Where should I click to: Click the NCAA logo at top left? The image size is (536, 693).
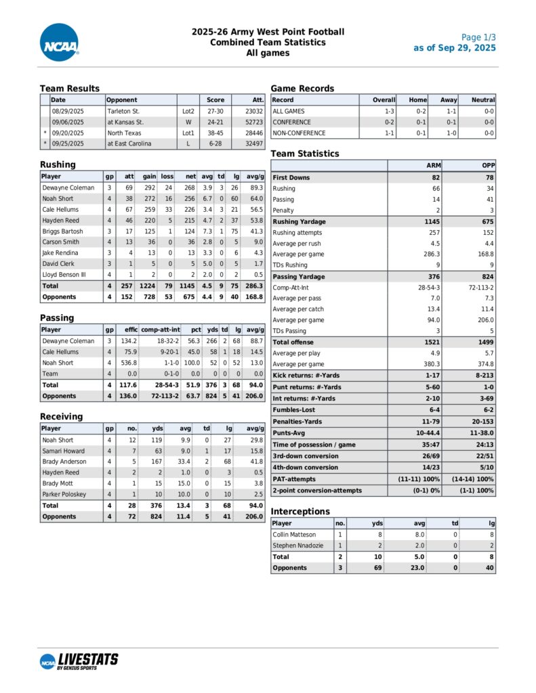pos(60,43)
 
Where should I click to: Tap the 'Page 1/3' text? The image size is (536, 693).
pos(478,37)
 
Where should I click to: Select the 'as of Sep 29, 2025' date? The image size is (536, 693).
pos(455,48)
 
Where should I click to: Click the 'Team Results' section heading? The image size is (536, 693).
pos(70,89)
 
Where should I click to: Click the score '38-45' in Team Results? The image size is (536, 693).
pos(215,133)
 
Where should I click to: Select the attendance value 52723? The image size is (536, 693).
pos(252,122)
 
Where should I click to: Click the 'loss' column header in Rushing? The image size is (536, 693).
pos(167,176)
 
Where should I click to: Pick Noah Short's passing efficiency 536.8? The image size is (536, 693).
pos(128,363)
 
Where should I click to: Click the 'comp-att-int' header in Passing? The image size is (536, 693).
pos(160,330)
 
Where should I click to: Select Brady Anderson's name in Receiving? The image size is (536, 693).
pos(64,462)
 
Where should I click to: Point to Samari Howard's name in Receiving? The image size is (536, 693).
pos(63,451)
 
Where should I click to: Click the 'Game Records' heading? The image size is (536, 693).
pos(302,89)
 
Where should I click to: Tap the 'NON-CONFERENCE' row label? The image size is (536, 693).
pos(299,133)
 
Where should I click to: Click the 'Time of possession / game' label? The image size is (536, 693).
pos(314,444)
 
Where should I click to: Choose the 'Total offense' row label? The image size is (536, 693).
pos(293,342)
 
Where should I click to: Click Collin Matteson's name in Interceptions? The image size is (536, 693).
pos(294,535)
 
